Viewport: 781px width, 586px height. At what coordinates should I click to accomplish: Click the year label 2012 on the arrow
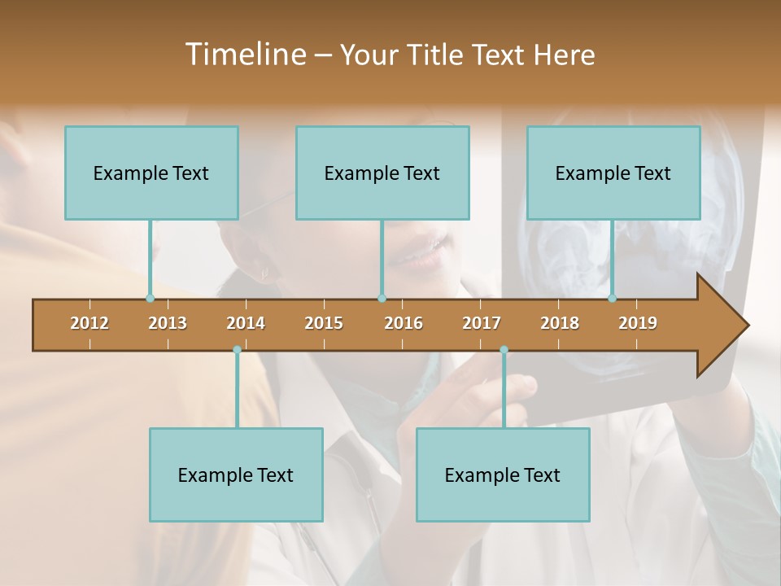(89, 323)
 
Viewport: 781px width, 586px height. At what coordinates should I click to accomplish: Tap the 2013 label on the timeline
(168, 323)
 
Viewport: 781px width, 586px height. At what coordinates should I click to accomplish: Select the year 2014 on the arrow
(246, 323)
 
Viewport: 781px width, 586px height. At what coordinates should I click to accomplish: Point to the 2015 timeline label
(324, 323)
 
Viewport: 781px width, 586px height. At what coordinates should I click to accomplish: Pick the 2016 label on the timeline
(404, 323)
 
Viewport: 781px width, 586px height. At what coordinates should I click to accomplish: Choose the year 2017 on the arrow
(482, 323)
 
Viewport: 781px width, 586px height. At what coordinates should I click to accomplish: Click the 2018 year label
(560, 323)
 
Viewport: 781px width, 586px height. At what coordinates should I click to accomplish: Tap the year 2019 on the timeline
(638, 323)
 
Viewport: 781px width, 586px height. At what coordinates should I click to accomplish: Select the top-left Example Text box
(151, 173)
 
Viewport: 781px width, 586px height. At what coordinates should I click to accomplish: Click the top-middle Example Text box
(382, 173)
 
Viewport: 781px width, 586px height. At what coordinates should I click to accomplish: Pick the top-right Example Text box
(613, 173)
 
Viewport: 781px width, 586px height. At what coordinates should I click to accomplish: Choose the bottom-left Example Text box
(236, 474)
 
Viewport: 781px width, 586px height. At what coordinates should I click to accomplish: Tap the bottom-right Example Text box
(503, 474)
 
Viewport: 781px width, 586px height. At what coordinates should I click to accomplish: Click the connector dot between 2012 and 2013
(150, 299)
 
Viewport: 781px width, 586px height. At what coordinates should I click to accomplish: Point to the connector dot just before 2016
(382, 299)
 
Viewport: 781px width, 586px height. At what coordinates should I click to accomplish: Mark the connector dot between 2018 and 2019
(612, 299)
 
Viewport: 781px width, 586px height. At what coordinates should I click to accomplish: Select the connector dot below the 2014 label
(237, 350)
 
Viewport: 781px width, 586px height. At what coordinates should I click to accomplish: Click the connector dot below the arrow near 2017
(504, 350)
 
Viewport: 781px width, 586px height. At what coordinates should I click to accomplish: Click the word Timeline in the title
(244, 55)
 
